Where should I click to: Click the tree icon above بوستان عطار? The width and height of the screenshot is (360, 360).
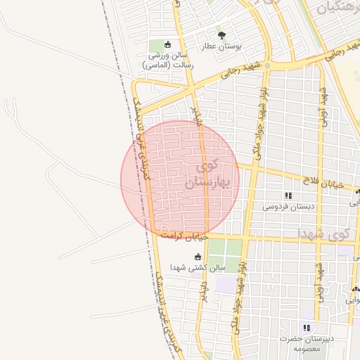[x=222, y=35]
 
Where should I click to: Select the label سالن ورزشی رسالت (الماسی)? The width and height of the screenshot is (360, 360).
[x=168, y=60]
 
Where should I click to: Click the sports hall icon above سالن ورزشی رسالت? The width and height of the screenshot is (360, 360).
[x=167, y=44]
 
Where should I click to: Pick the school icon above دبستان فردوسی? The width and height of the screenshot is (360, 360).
[x=288, y=195]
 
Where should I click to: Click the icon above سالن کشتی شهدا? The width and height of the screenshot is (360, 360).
[x=197, y=256]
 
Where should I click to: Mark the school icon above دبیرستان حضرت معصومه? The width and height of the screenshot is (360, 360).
[x=306, y=328]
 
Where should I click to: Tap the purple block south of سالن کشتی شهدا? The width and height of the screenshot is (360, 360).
[x=226, y=285]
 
